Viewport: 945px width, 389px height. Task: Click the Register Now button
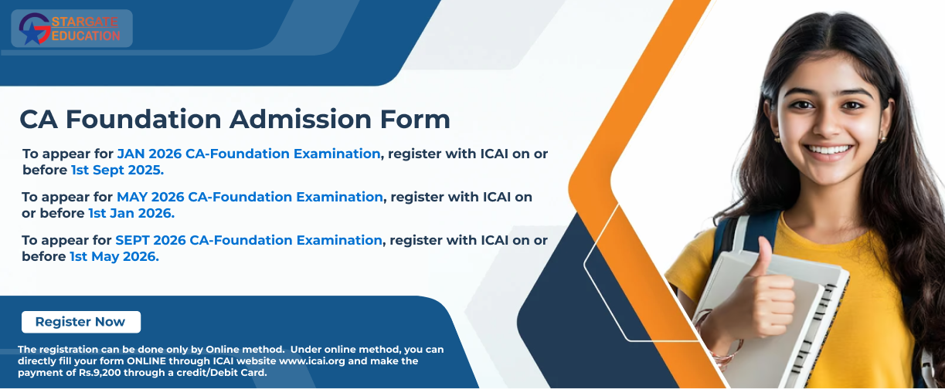[81, 322]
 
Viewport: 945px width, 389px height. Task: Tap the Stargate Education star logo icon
[35, 29]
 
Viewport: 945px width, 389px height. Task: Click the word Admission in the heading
[301, 119]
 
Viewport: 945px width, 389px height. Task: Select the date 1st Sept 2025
[117, 170]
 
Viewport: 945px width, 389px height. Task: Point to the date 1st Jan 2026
[131, 213]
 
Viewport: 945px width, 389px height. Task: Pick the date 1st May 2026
[114, 257]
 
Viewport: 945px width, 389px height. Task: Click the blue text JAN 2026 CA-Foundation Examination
[249, 154]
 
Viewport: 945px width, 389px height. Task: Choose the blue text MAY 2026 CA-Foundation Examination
[250, 197]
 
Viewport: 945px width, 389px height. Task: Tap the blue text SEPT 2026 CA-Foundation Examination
[249, 240]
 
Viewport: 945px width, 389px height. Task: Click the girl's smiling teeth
[828, 150]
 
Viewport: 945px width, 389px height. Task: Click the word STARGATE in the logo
[85, 22]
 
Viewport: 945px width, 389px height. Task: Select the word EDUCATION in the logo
[86, 36]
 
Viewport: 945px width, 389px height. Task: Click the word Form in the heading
[415, 119]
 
